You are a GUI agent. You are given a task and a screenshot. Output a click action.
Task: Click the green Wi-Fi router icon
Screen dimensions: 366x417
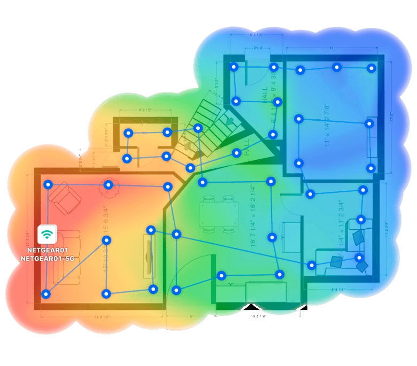(48, 234)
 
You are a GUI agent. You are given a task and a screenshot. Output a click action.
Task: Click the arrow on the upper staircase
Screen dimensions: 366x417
(230, 121)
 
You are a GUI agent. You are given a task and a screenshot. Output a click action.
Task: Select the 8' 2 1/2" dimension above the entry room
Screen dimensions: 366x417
(145, 111)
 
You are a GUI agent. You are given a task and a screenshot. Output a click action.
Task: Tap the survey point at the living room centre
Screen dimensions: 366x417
(106, 240)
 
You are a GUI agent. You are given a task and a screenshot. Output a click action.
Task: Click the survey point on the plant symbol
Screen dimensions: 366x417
(109, 185)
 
